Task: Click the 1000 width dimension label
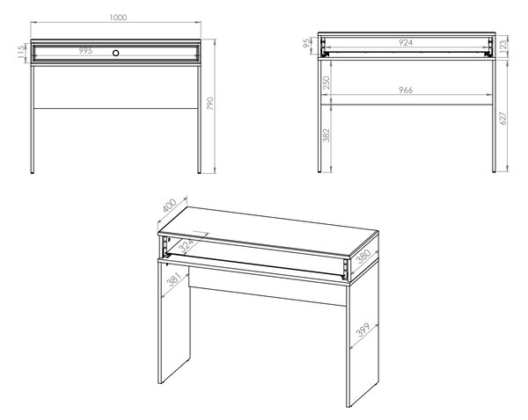coord(118,18)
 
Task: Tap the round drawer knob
coord(116,53)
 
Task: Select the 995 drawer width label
coord(85,51)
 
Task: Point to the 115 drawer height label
coord(21,52)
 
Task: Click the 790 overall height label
coord(210,104)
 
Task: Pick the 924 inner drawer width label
coord(406,42)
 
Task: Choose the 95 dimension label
coord(307,43)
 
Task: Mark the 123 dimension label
coord(502,45)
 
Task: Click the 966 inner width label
coord(406,91)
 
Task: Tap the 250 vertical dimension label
coord(326,83)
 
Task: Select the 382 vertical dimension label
coord(326,134)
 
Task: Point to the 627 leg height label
coord(502,118)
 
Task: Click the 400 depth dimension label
coord(169,206)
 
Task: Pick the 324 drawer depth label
coord(187,245)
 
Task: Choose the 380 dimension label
coord(363,257)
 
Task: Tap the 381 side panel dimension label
coord(174,279)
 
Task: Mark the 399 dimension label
coord(363,329)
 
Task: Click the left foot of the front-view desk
coord(32,172)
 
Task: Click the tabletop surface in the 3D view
coord(268,231)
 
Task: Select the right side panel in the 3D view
coord(363,337)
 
